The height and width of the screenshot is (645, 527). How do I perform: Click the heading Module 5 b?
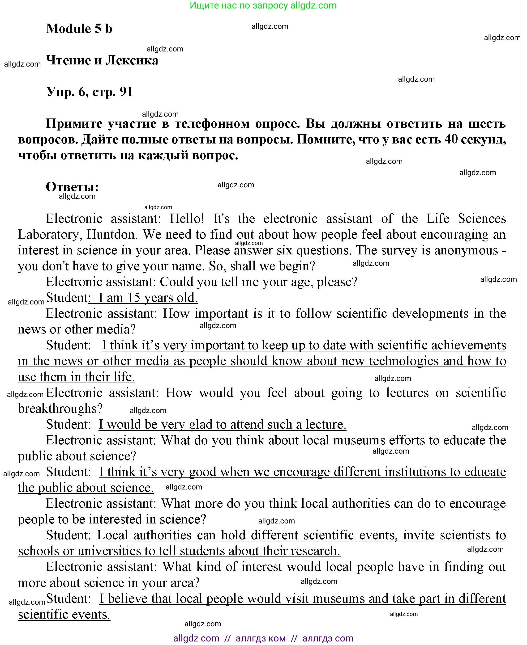[x=79, y=29]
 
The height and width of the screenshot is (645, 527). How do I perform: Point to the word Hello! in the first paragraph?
[x=187, y=219]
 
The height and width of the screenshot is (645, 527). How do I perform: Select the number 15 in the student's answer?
[x=133, y=298]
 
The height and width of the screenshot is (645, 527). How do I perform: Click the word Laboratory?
[x=50, y=234]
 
